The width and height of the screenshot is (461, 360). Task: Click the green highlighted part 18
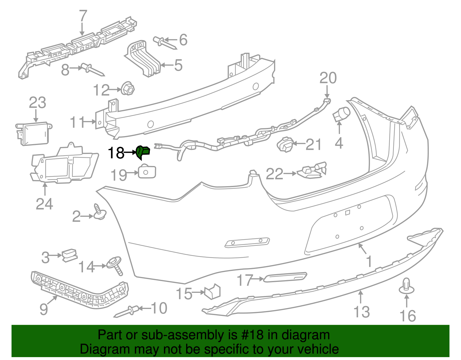[x=143, y=152]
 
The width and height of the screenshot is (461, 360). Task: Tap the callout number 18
[x=116, y=153]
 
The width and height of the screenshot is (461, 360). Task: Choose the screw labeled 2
[x=99, y=213]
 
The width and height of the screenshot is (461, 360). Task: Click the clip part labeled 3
[x=69, y=255]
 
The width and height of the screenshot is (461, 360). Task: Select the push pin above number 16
[x=406, y=286]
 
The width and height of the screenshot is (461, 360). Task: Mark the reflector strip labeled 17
[x=285, y=277]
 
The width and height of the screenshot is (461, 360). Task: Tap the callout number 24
[x=44, y=204]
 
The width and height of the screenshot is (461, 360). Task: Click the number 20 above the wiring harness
[x=328, y=78]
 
